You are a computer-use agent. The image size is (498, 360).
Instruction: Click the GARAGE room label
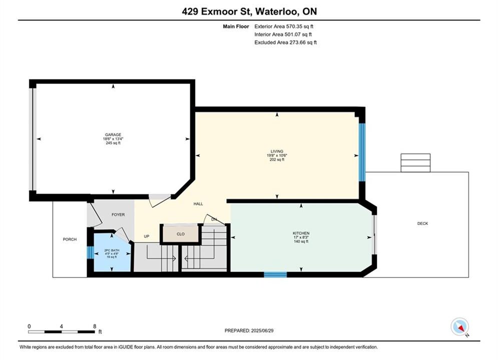click(x=113, y=135)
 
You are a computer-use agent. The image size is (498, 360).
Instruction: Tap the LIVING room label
click(x=277, y=151)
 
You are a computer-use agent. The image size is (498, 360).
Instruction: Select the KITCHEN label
click(x=301, y=233)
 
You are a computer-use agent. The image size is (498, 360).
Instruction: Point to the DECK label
click(x=423, y=223)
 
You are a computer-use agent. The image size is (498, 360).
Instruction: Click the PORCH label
click(x=70, y=239)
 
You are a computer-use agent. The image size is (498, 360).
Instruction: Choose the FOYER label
click(x=118, y=214)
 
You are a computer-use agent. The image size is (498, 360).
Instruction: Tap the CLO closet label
click(x=180, y=234)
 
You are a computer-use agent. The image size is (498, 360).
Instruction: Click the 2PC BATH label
click(x=112, y=250)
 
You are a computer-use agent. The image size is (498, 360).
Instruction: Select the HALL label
click(x=198, y=204)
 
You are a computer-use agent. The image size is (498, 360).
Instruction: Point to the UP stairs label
click(x=147, y=236)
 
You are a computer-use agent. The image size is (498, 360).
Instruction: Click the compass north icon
click(x=459, y=326)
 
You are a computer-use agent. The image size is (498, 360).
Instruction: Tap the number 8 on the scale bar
click(x=95, y=326)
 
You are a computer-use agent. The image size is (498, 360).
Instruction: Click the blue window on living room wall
click(x=362, y=152)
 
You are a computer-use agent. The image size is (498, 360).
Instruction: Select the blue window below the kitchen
click(x=275, y=274)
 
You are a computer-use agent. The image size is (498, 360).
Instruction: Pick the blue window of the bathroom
click(x=90, y=253)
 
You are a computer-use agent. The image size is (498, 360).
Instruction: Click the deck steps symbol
click(x=415, y=162)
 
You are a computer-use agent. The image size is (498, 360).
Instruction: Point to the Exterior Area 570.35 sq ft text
click(x=284, y=26)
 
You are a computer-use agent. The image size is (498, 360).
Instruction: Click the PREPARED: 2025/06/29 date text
click(x=249, y=330)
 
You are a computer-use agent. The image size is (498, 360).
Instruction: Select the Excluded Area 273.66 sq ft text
click(x=285, y=42)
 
